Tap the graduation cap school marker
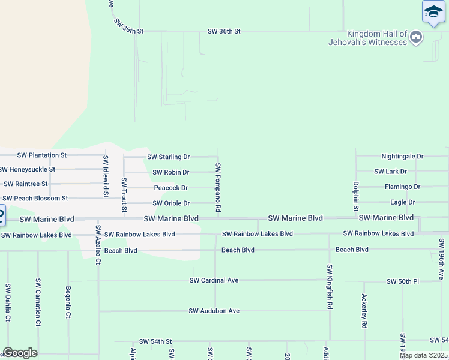(x=433, y=13)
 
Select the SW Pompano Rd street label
(x=218, y=187)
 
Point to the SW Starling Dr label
(x=169, y=157)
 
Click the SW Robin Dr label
(x=170, y=173)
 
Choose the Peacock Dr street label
(x=171, y=188)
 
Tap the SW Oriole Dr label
(x=172, y=204)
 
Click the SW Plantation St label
(x=42, y=155)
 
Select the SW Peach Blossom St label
(x=35, y=199)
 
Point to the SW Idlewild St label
(x=106, y=176)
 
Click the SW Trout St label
(x=124, y=194)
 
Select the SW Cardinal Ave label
(x=214, y=280)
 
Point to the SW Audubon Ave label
(x=214, y=311)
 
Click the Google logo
(x=20, y=353)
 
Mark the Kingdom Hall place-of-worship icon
(x=416, y=38)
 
